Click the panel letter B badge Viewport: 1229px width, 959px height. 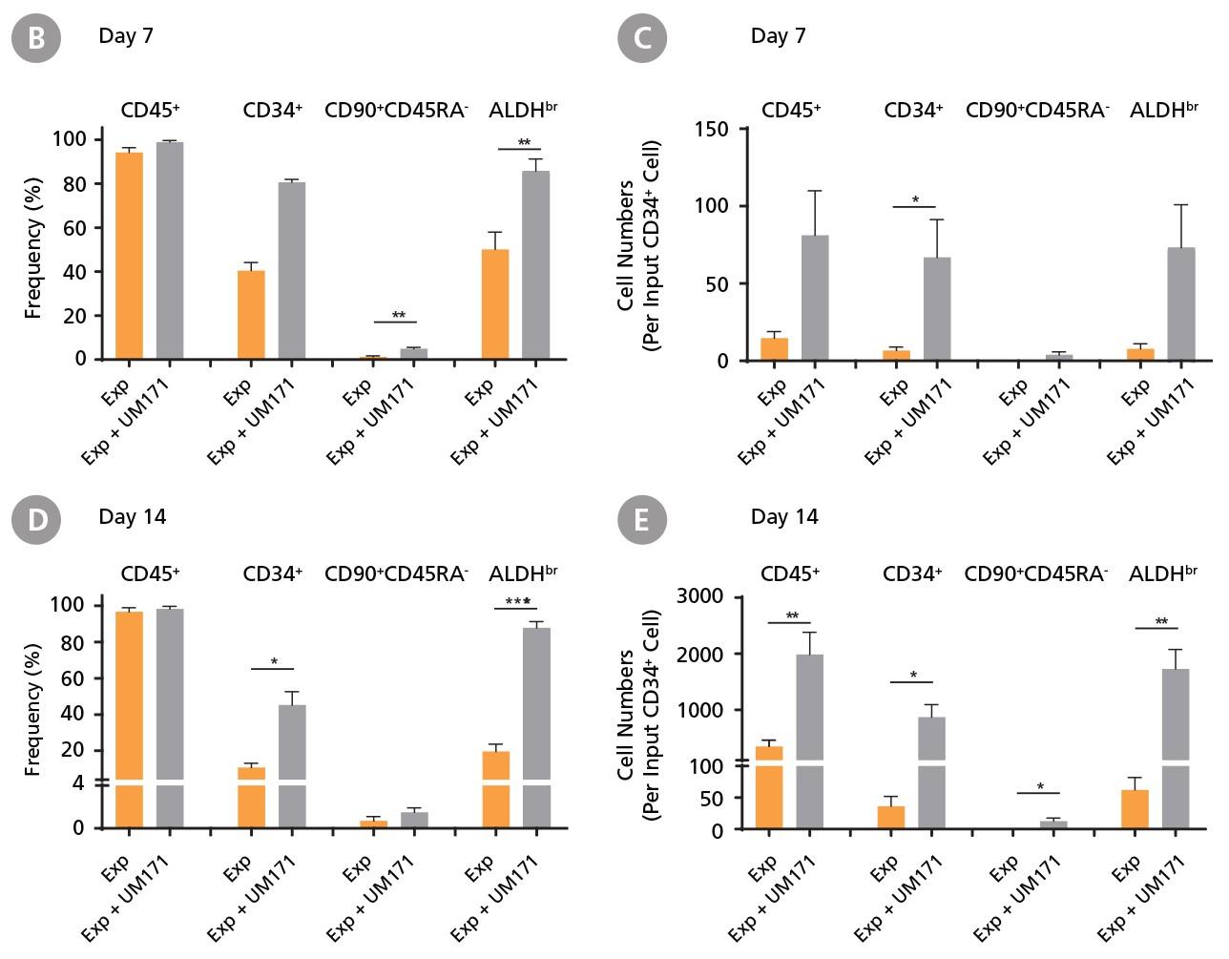35,38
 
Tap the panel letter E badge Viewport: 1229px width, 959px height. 642,520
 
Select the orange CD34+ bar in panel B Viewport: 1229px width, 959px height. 251,315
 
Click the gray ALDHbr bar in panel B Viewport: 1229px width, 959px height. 536,265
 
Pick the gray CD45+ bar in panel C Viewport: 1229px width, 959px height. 815,298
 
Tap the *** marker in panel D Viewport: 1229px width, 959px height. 517,602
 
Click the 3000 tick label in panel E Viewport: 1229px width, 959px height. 699,596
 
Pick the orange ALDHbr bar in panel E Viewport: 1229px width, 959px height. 1135,810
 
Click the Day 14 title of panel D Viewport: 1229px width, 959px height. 132,516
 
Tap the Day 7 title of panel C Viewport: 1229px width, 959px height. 778,36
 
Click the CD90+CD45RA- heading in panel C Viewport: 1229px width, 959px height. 1037,110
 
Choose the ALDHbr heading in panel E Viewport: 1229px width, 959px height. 1162,573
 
